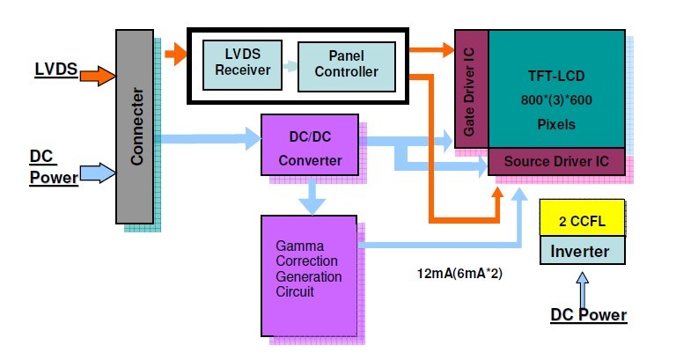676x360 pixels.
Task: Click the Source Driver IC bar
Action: (557, 162)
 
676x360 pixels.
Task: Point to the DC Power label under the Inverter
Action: (588, 314)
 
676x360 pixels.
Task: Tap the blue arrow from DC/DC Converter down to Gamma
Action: (311, 195)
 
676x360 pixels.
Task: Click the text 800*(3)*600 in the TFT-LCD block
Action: (555, 100)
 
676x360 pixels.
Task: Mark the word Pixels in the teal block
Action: (555, 124)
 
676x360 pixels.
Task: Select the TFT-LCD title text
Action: (555, 77)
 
